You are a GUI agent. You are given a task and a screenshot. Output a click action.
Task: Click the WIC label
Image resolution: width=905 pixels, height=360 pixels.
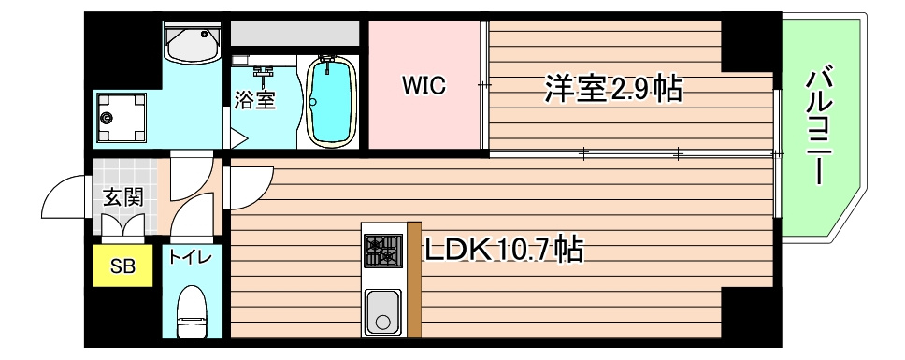(x=424, y=87)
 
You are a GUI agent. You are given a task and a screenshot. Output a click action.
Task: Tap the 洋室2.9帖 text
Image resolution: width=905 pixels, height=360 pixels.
(x=612, y=89)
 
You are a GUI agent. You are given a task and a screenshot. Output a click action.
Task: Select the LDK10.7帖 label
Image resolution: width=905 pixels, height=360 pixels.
(x=505, y=250)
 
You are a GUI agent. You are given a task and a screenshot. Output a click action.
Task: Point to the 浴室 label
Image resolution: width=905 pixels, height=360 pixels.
(x=254, y=99)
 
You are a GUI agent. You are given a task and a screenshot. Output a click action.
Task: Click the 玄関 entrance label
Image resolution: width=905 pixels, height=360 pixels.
(x=122, y=197)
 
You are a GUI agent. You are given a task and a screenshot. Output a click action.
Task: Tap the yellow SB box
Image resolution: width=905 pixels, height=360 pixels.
(x=123, y=266)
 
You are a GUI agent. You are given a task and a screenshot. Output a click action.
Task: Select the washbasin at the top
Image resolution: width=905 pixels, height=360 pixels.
(x=193, y=42)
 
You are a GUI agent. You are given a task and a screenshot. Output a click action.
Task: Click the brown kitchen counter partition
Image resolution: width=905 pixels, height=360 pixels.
(x=414, y=279)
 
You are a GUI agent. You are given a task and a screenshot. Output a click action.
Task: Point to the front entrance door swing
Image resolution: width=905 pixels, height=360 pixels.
(x=65, y=196)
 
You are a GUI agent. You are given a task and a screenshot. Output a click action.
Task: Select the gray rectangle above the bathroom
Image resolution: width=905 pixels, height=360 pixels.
(x=295, y=32)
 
